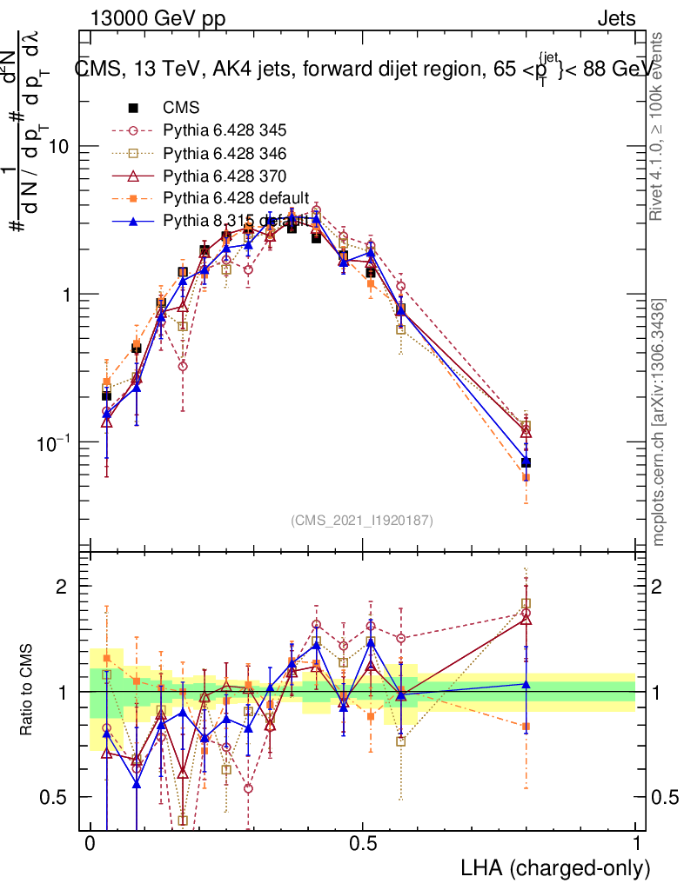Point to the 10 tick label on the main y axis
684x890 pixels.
[60, 147]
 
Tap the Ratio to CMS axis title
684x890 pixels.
[28, 691]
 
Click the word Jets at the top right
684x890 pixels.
[616, 18]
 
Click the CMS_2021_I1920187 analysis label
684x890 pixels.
[362, 521]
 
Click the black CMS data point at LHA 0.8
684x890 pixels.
[526, 462]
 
